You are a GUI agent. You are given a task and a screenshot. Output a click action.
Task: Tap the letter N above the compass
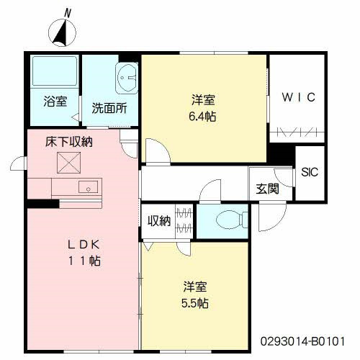(68, 12)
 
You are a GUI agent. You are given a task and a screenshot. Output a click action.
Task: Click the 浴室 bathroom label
(54, 102)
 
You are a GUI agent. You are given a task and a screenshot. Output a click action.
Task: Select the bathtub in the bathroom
(55, 73)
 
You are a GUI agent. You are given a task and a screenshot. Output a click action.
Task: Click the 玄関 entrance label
(267, 189)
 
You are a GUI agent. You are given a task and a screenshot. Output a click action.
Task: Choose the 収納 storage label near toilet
(159, 220)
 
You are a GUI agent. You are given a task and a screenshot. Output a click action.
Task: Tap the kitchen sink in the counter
(90, 187)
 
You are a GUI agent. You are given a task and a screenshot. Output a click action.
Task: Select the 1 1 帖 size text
(84, 261)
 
